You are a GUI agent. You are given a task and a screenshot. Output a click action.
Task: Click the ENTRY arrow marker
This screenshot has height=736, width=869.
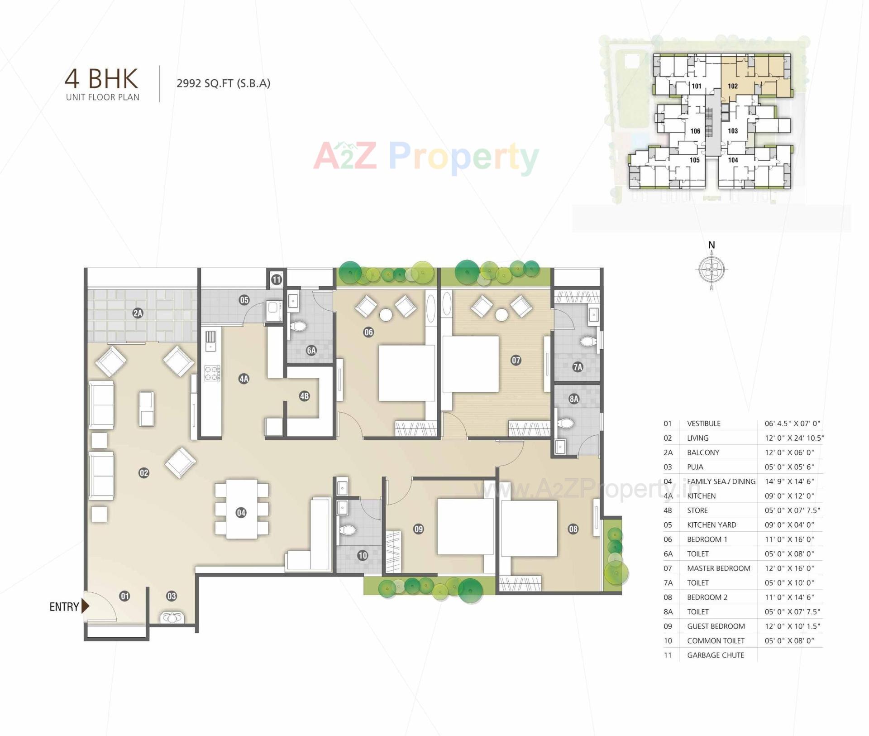(x=85, y=606)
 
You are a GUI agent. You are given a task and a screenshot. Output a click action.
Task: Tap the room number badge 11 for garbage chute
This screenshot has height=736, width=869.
(x=277, y=279)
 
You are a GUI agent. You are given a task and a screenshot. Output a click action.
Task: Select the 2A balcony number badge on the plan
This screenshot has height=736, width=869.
(x=138, y=313)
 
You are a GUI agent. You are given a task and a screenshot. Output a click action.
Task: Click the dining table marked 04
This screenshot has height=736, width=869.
(x=241, y=509)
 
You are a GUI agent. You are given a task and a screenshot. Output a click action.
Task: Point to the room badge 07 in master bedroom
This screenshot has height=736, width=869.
(x=516, y=360)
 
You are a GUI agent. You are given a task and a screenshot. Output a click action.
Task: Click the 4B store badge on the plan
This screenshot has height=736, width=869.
(x=304, y=396)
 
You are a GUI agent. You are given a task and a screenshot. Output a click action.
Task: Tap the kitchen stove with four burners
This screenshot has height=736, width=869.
(x=212, y=373)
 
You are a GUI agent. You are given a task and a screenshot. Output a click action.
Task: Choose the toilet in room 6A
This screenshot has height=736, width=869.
(x=298, y=326)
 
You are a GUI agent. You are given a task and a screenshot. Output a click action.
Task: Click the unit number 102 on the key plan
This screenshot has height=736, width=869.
(x=733, y=86)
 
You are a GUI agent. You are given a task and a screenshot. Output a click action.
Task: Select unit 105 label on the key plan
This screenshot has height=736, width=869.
(x=695, y=160)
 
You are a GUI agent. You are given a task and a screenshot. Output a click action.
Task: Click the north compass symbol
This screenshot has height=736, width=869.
(x=711, y=269)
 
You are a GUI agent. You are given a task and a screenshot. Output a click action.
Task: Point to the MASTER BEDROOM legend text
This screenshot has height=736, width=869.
(x=718, y=568)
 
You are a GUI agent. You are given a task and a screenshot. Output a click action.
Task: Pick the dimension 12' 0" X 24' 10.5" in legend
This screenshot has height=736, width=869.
(x=794, y=438)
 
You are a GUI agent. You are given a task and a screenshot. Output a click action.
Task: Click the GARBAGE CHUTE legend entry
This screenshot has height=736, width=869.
(x=715, y=655)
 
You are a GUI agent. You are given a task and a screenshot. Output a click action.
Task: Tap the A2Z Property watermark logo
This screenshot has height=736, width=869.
(x=426, y=156)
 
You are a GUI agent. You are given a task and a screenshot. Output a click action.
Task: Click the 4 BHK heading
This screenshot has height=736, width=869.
(x=101, y=79)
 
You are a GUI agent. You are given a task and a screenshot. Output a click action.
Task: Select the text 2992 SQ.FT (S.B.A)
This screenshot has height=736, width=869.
(x=223, y=83)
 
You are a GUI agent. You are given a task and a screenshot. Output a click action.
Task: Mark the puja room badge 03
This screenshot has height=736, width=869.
(x=172, y=596)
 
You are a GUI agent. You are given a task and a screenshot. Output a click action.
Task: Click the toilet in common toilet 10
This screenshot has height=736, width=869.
(x=348, y=530)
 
